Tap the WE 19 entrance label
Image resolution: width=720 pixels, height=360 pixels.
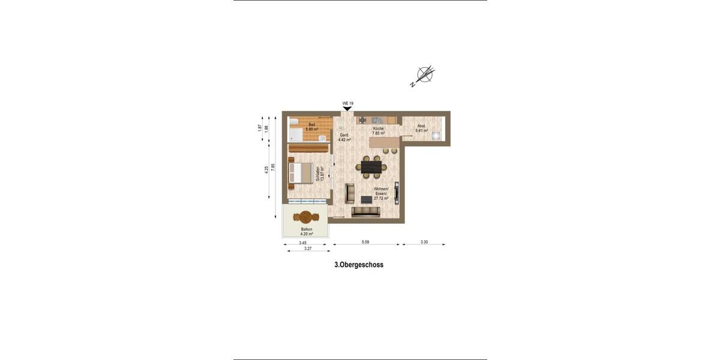347,103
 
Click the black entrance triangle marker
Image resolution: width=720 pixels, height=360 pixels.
347,109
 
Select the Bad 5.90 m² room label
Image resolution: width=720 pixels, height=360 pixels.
311,127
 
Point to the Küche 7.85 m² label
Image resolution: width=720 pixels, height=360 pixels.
378,131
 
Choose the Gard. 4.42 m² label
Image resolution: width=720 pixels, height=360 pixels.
344,137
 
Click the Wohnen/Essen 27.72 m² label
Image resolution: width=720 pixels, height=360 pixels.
381,193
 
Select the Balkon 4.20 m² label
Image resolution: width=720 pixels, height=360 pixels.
306,231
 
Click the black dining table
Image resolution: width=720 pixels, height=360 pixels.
371,167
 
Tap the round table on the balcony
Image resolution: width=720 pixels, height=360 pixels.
305,217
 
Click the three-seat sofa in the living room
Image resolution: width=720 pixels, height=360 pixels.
365,211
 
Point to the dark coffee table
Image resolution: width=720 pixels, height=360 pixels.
366,199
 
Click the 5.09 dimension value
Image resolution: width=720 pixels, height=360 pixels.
365,242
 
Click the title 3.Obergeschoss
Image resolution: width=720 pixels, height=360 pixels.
359,264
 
